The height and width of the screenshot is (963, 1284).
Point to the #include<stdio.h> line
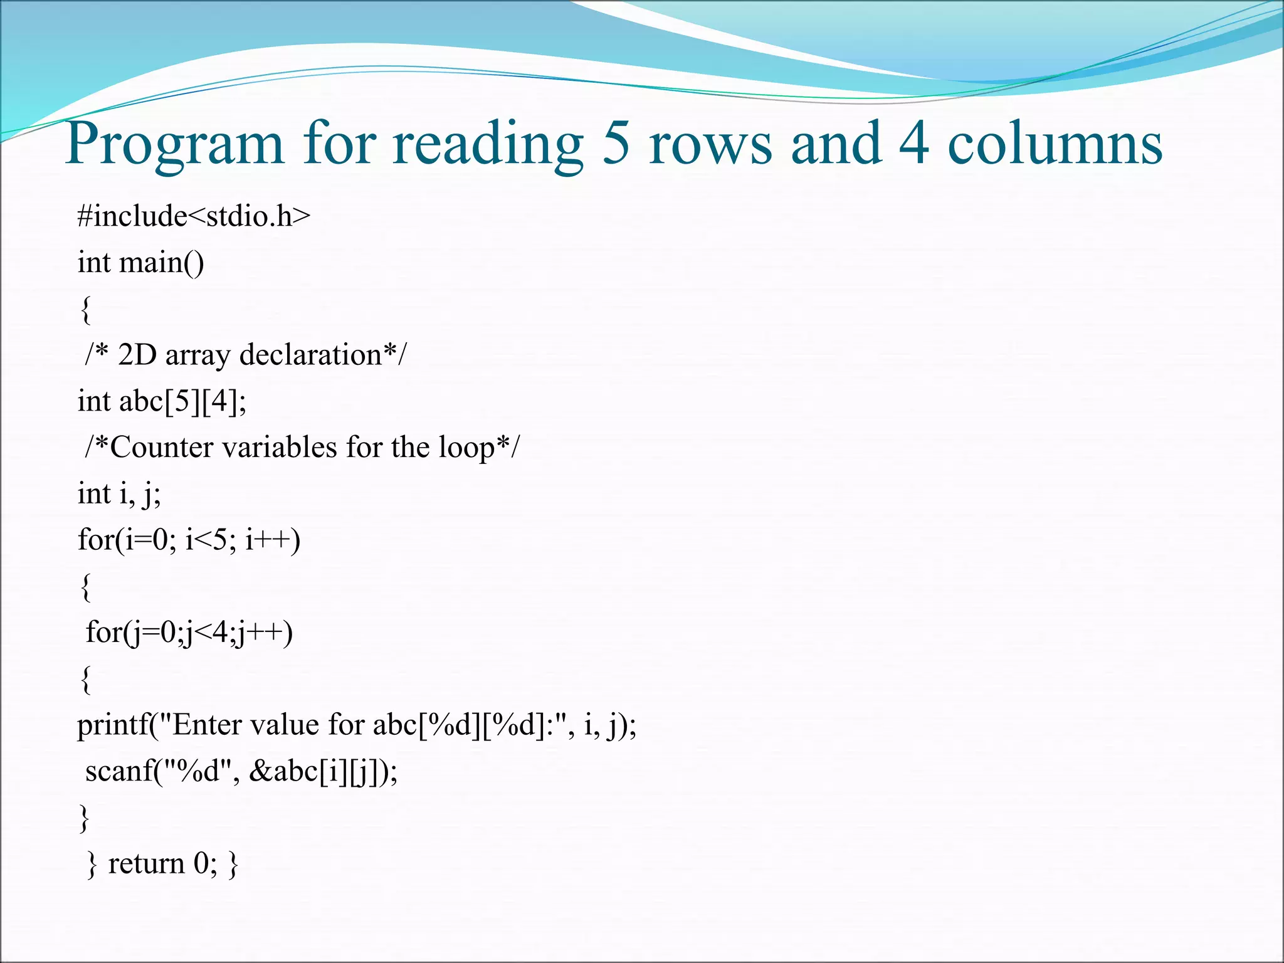[194, 216]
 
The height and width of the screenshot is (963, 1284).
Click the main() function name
[161, 262]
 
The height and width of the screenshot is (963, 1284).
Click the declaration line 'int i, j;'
[119, 494]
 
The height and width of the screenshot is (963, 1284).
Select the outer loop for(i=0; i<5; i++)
[189, 540]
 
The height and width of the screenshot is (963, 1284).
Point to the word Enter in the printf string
[206, 725]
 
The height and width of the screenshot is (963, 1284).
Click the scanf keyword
[119, 771]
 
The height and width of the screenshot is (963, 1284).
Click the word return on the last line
[146, 864]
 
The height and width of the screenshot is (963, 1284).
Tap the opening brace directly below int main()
[86, 310]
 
